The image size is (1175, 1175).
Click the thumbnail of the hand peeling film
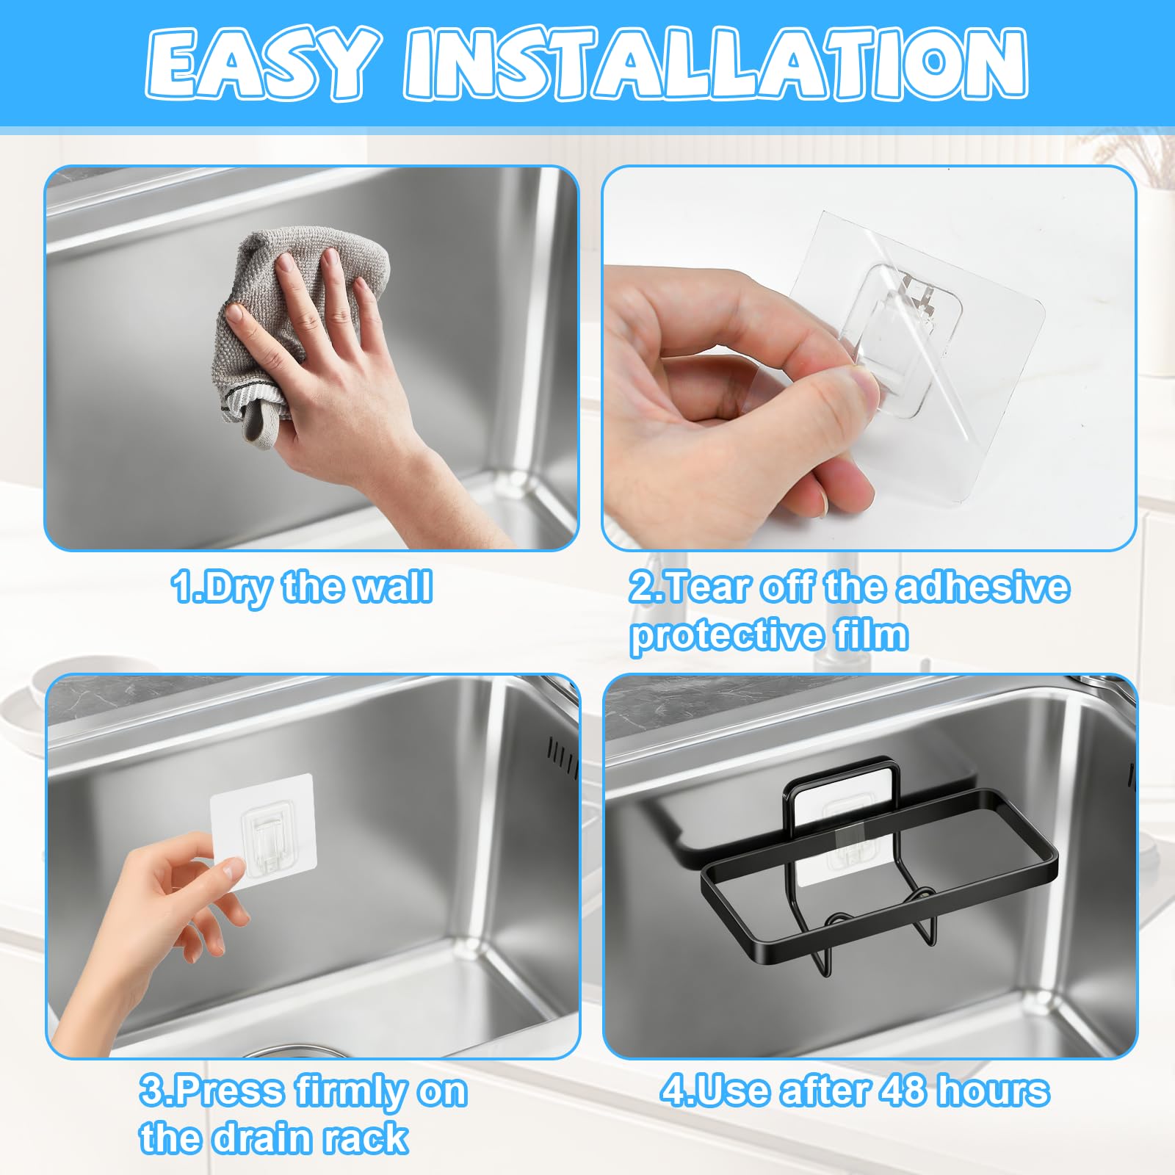point(869,358)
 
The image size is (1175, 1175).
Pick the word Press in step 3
point(231,1092)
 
